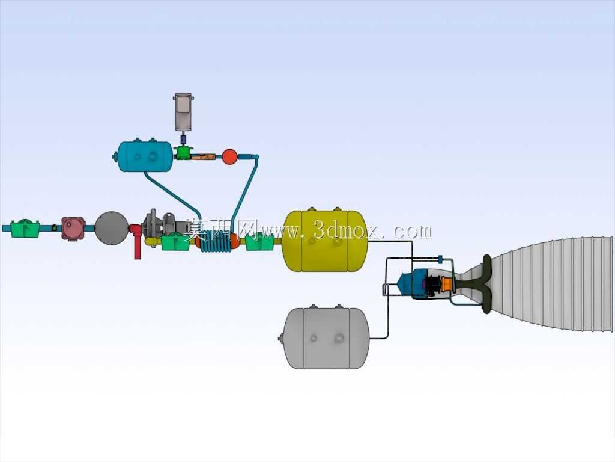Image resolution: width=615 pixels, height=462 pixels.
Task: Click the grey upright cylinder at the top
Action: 183,112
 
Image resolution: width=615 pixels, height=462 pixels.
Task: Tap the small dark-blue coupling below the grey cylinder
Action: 183,140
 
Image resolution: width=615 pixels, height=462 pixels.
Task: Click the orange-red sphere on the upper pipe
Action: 230,156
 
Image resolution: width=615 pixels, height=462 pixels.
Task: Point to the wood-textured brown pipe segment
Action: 204,157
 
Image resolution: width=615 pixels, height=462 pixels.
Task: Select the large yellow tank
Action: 325,240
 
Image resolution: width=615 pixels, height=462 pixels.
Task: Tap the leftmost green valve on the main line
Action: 24,228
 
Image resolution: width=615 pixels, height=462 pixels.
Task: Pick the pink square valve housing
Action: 73,228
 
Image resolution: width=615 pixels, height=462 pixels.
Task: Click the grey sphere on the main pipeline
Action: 112,228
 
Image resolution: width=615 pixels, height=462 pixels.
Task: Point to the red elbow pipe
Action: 136,241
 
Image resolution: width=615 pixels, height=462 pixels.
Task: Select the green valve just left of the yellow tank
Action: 259,241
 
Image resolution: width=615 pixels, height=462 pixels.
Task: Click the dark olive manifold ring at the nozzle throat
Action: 486,284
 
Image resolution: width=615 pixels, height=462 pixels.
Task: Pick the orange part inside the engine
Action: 446,284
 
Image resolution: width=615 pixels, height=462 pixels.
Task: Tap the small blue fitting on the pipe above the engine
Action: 440,259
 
